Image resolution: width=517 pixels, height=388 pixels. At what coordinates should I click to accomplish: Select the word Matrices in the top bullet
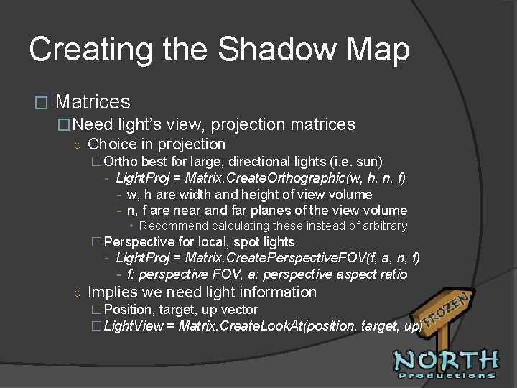(93, 102)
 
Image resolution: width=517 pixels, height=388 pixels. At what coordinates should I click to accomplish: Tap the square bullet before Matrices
(40, 103)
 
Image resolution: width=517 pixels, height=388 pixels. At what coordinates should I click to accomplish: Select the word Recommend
(172, 226)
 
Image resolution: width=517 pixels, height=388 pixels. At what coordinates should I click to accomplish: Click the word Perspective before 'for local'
(139, 242)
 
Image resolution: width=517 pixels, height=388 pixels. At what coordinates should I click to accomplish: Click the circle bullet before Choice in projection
(77, 145)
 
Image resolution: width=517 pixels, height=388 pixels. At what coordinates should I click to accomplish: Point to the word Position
(129, 310)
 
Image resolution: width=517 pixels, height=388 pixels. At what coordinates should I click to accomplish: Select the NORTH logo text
(445, 360)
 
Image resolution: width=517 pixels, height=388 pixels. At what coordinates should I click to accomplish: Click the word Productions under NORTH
(447, 375)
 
